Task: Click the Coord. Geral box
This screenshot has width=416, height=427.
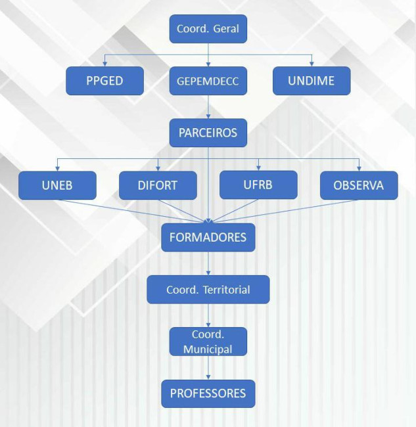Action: (208, 29)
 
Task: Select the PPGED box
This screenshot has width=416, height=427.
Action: (104, 81)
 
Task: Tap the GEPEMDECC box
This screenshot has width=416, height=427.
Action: (208, 81)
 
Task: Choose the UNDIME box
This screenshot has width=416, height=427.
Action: (312, 81)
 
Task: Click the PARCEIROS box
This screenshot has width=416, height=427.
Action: (208, 133)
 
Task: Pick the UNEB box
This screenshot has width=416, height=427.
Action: (57, 185)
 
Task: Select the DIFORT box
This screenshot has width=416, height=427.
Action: (158, 185)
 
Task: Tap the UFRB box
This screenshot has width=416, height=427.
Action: (258, 185)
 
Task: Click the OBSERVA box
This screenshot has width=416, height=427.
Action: (359, 185)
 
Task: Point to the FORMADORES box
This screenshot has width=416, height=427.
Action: (208, 236)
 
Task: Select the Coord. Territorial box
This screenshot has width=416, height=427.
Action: (208, 289)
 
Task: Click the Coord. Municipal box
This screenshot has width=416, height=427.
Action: (208, 342)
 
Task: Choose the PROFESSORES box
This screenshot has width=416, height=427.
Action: (208, 393)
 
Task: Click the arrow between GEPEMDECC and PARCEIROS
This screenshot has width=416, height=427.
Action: (208, 106)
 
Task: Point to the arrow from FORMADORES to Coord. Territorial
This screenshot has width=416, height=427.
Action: (208, 263)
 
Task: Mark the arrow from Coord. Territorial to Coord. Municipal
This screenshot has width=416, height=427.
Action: (208, 315)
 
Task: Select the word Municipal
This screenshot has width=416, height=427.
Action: (208, 349)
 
